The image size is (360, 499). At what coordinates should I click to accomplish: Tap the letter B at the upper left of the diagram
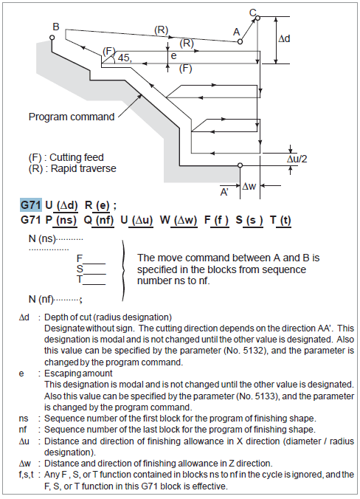pos(55,27)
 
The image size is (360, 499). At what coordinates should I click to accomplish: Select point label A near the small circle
pos(236,32)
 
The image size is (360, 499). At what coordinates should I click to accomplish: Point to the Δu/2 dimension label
pos(299,158)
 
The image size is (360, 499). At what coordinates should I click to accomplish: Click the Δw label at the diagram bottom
pos(252,187)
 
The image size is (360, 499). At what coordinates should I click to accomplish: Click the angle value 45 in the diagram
pos(125,58)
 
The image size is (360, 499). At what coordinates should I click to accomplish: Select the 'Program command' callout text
pos(72,117)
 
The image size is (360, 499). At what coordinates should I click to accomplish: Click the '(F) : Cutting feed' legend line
pos(66,157)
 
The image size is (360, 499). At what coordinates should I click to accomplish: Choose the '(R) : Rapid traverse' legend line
pos(72,168)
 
